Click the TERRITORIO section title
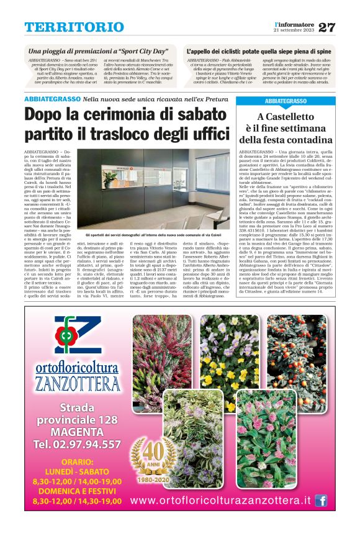point(74,27)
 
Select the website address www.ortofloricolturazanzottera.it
point(220,501)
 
